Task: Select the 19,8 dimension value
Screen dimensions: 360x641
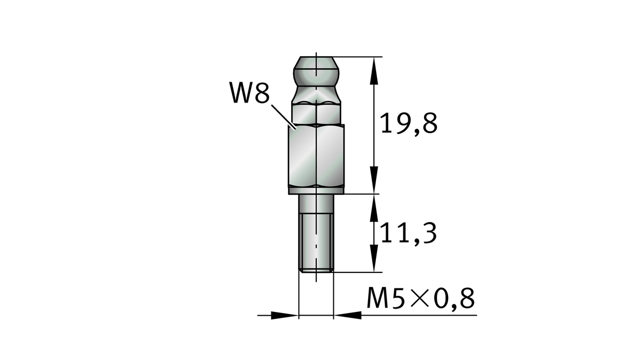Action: [409, 124]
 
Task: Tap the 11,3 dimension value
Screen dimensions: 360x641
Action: [409, 233]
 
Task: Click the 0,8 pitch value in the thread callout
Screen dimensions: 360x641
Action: [454, 299]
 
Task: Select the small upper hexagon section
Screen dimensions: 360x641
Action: [317, 112]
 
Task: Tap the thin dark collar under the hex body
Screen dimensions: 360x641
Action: [317, 190]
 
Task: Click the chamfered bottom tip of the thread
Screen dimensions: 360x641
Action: [316, 271]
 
